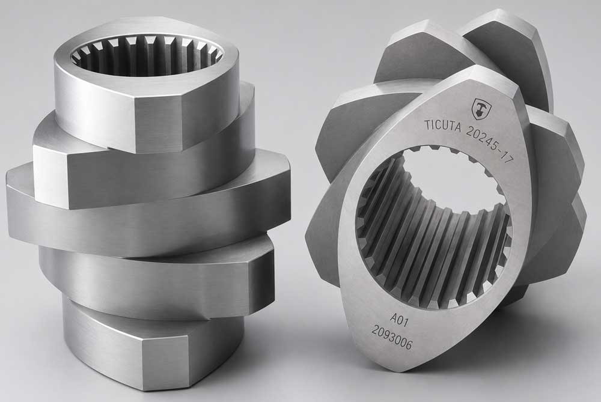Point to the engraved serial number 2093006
[392, 338]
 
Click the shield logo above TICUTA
[479, 107]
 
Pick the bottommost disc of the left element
[153, 345]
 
